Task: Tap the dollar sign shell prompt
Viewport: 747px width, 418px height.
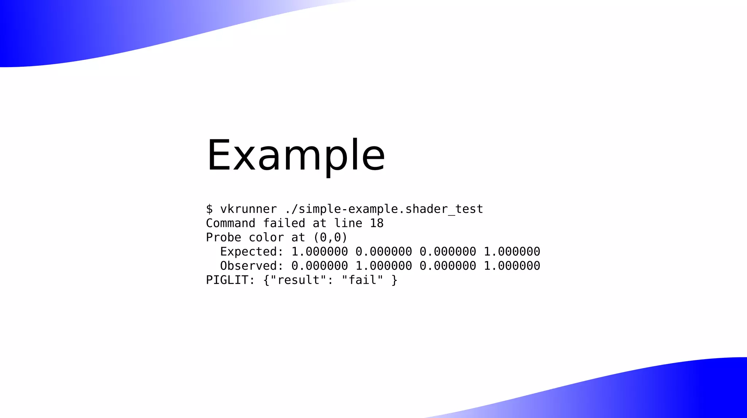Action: [209, 209]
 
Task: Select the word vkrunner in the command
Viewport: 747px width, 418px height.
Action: [248, 209]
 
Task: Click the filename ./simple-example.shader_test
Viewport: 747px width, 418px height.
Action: [384, 209]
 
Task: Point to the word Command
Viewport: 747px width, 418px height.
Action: [231, 223]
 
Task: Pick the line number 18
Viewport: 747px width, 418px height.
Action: [377, 223]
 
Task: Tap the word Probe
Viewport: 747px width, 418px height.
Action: [224, 238]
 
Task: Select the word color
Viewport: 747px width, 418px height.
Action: [266, 238]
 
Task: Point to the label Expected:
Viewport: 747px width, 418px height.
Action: [252, 252]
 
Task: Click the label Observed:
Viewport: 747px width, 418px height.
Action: [252, 266]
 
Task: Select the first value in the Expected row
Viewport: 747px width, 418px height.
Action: [320, 252]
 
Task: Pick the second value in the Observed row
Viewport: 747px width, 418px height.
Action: [384, 266]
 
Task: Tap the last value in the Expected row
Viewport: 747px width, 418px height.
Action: [512, 252]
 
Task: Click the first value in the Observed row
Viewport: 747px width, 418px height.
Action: [320, 266]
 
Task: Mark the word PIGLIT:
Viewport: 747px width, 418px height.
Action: [231, 280]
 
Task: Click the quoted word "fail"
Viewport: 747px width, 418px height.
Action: [362, 280]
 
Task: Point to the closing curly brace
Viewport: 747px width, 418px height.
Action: [394, 280]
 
